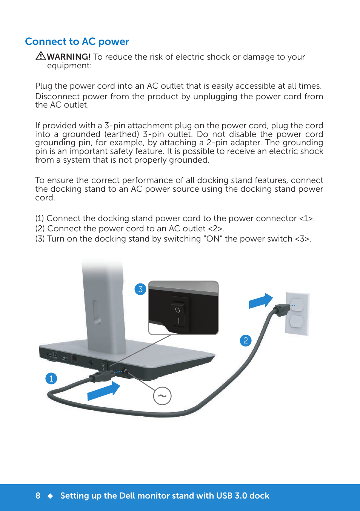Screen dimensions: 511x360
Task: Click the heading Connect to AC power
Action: tap(77, 42)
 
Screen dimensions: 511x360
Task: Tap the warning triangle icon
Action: tap(40, 56)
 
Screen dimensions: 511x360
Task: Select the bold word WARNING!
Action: tap(69, 57)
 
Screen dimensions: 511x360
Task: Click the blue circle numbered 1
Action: tap(51, 378)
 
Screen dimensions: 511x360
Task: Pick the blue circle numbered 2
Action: tap(246, 340)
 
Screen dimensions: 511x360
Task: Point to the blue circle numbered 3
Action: tap(140, 289)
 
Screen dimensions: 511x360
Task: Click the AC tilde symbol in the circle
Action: tap(162, 396)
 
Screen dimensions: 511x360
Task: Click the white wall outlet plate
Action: tap(297, 313)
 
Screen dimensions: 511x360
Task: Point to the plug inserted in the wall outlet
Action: tap(281, 309)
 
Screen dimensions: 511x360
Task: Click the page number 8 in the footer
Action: tap(38, 496)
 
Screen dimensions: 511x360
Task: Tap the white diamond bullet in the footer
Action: tap(50, 496)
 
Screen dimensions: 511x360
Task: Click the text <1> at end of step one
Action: tap(306, 219)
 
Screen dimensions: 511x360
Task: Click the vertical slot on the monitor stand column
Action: tap(95, 312)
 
